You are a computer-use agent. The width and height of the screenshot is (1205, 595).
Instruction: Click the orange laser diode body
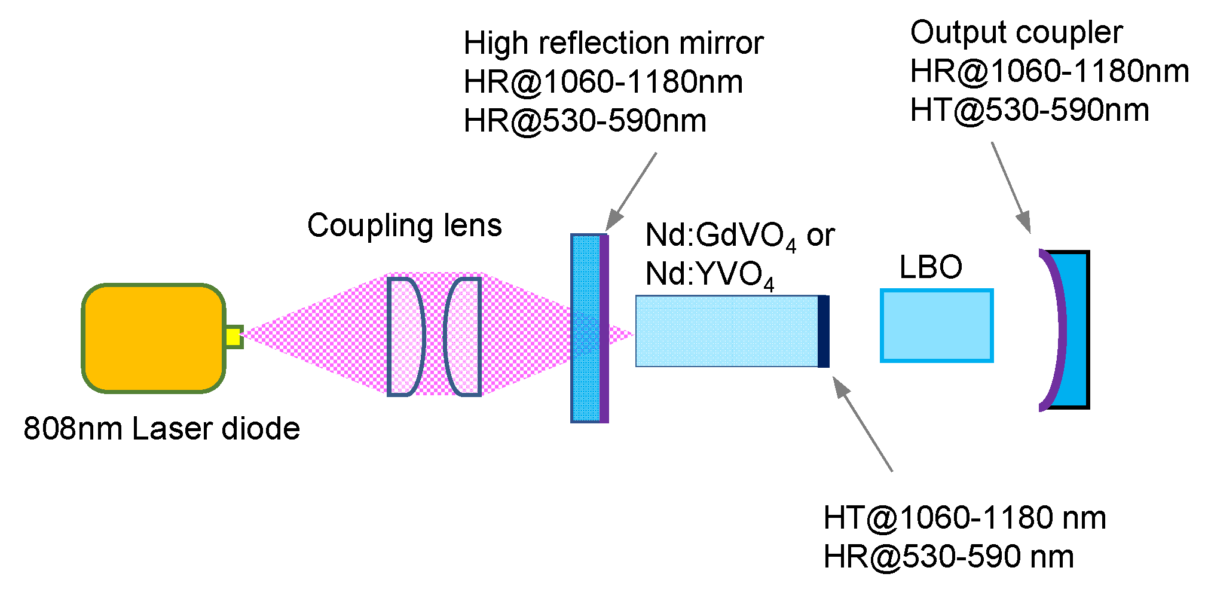[154, 338]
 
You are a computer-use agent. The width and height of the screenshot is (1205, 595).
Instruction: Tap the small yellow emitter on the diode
[234, 337]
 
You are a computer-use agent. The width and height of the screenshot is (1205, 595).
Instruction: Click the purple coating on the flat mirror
[604, 329]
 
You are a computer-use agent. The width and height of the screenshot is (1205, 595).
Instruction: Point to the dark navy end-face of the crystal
[823, 331]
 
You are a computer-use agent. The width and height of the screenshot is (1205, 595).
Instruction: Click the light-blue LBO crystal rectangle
[937, 326]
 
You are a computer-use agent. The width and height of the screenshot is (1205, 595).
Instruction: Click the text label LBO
[931, 267]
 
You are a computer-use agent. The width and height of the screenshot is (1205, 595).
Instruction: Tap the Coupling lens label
[405, 225]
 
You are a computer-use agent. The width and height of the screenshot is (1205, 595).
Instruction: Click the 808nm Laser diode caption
[161, 429]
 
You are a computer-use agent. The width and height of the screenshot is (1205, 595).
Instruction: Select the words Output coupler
[1016, 32]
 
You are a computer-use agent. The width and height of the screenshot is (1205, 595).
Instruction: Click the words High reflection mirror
[613, 43]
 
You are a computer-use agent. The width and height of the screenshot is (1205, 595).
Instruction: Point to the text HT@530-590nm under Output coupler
[1029, 110]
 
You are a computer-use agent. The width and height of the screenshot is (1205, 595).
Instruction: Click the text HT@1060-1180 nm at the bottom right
[965, 518]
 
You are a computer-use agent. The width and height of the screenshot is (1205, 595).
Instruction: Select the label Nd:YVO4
[709, 275]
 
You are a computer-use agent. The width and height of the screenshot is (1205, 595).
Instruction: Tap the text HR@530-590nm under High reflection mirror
[585, 121]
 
